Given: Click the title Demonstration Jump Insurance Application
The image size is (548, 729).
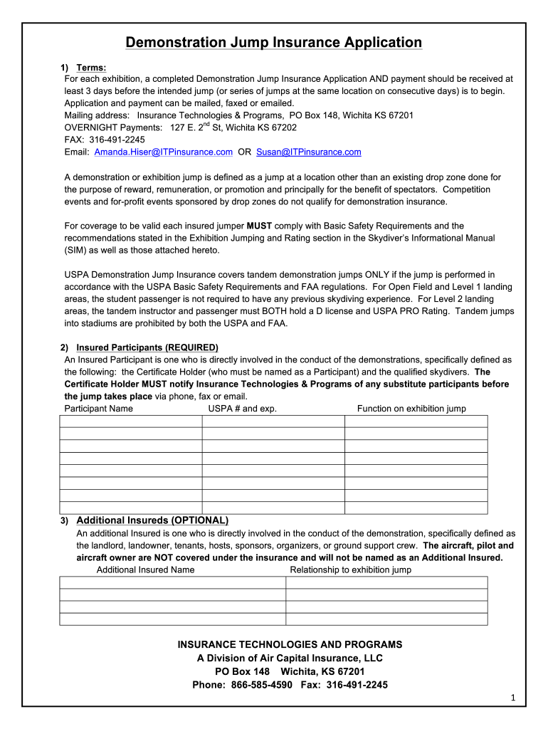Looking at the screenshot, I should [x=273, y=43].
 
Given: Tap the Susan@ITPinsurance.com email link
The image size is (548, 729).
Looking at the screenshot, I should [x=309, y=152].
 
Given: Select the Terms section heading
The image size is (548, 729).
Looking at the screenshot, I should [x=91, y=68].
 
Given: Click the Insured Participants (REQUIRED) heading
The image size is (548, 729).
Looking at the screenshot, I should [x=147, y=347].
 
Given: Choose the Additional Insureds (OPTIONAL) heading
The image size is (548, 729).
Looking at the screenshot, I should [x=152, y=520].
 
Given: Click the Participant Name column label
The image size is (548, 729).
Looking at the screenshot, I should [x=98, y=408].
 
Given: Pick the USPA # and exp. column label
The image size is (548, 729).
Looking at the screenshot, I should [x=242, y=408].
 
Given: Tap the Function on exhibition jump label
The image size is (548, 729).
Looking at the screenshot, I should [x=411, y=408].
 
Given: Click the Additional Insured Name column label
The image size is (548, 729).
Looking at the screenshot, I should [x=145, y=570].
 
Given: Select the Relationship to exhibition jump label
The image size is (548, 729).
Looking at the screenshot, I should [x=350, y=570].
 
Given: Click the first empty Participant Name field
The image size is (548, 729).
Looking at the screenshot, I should [x=130, y=421].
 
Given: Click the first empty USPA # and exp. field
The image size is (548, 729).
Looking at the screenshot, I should [x=273, y=421].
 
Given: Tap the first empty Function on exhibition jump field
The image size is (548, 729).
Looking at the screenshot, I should [x=416, y=421].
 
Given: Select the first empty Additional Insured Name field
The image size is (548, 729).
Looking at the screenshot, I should [x=172, y=582].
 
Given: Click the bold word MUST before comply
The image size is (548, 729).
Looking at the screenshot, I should [x=255, y=226].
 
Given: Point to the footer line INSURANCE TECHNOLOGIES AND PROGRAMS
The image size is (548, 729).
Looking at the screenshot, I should [x=290, y=644].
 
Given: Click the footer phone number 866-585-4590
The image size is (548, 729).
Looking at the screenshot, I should [x=266, y=685].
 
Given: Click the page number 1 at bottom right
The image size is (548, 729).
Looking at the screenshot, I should [x=512, y=699].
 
